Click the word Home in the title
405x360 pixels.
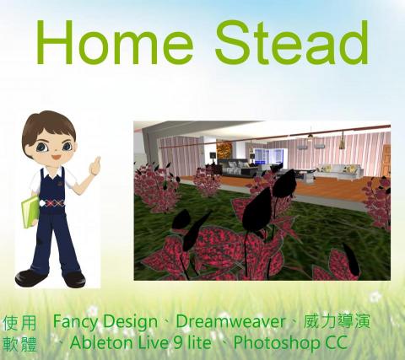tap(112, 43)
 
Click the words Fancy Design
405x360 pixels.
tap(105, 322)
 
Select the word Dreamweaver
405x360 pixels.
tap(230, 322)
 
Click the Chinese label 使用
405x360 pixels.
tap(20, 324)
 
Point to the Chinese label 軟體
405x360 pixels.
tap(20, 344)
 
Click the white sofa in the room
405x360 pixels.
tap(341, 173)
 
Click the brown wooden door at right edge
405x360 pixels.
tap(386, 160)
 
